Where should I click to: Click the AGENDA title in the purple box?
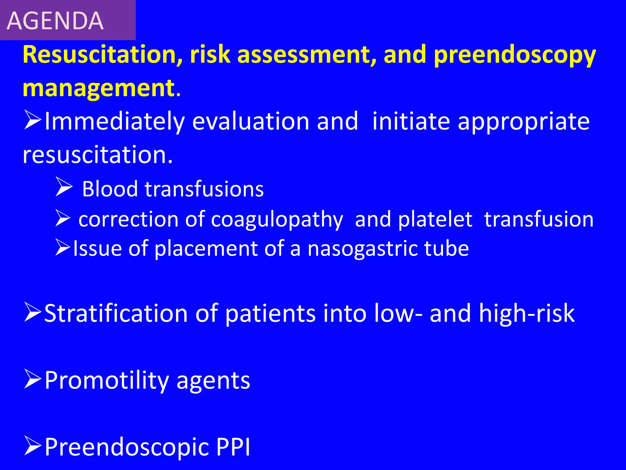[x=55, y=21]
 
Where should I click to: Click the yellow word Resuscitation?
[x=103, y=54]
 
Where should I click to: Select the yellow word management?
[x=98, y=88]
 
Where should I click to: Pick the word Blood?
[x=110, y=189]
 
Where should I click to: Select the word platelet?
[x=435, y=219]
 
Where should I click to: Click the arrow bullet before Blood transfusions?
[x=64, y=187]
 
